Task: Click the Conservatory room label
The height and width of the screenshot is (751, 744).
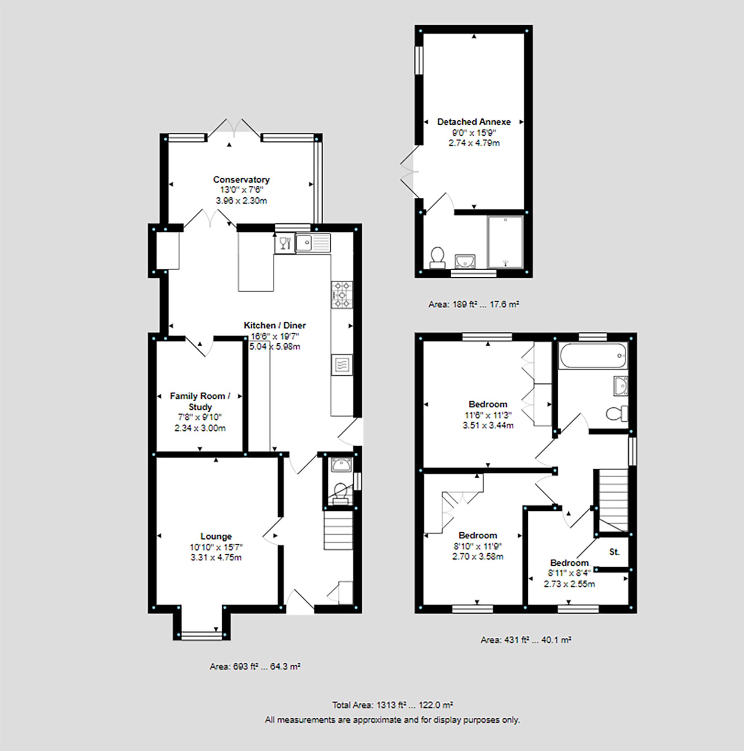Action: coord(241,179)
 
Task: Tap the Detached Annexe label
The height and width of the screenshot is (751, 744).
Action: coord(474,122)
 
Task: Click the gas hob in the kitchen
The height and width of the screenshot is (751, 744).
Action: coord(342,295)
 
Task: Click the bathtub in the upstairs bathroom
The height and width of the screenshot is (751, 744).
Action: coord(593,355)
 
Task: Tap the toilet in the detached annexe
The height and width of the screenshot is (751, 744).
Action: coord(437,258)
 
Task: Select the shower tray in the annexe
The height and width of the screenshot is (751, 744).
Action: coord(505,242)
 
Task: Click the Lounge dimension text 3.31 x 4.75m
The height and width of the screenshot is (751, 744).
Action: coord(216,557)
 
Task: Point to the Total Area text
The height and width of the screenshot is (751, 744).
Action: coord(392,705)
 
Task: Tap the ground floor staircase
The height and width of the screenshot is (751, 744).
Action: coord(338,531)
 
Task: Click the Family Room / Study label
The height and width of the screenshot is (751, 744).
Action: coord(200,401)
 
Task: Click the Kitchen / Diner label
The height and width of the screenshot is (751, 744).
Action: coord(275,325)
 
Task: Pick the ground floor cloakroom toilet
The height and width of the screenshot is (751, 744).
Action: coord(340,491)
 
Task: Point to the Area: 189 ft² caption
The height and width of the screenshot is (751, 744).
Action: coord(473,304)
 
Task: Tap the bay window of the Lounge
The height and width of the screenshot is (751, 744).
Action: coord(201,635)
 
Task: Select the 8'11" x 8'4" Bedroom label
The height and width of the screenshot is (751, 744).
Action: coord(569,563)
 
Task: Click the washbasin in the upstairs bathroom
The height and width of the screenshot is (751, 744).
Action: coord(621,385)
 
